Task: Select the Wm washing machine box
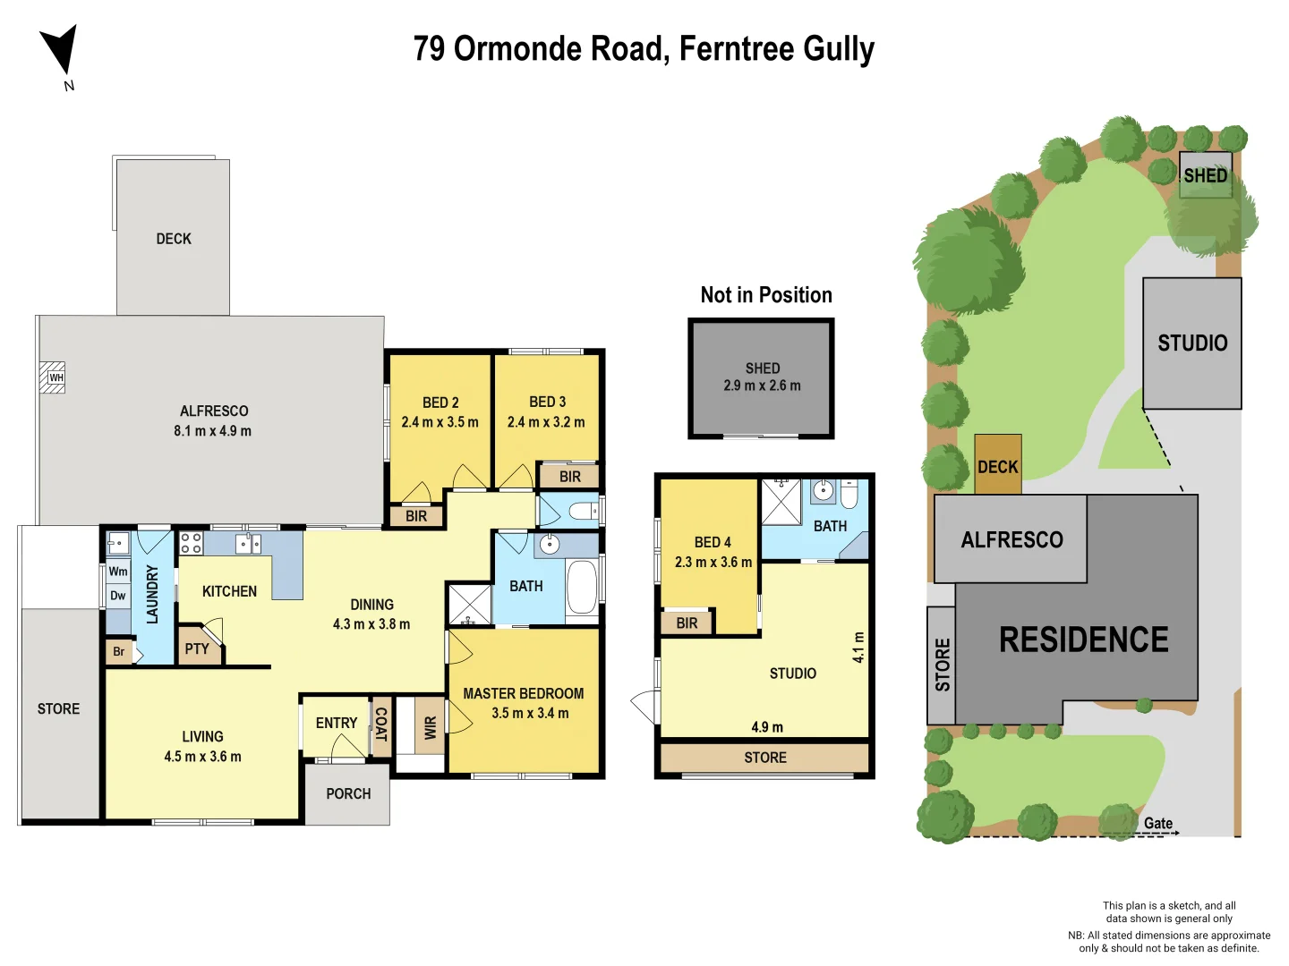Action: [x=118, y=572]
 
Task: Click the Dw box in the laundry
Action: [x=118, y=596]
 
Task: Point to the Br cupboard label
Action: [x=119, y=652]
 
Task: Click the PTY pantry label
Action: [x=197, y=649]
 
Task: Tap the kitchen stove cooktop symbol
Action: [x=191, y=543]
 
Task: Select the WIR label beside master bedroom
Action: [x=431, y=727]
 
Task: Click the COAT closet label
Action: [x=380, y=724]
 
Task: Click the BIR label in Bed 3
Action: [x=570, y=477]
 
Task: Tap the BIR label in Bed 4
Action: [x=687, y=623]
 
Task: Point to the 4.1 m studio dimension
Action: [x=858, y=648]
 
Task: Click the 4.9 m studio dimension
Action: [x=767, y=727]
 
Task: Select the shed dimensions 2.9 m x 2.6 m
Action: [x=762, y=386]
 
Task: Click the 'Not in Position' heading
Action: [x=766, y=295]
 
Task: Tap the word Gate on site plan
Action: [x=1157, y=823]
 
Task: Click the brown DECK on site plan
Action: [x=997, y=466]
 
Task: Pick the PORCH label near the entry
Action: [x=348, y=793]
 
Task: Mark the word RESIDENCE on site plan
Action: [x=1083, y=640]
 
